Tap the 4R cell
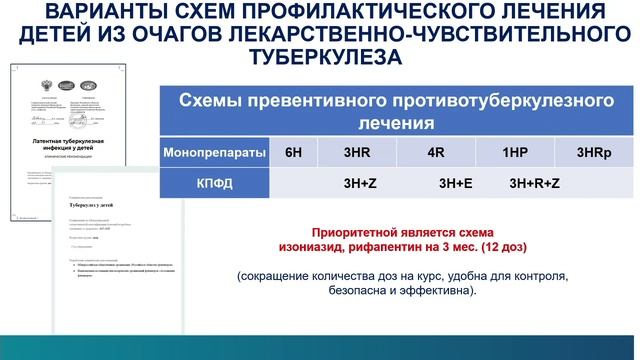435,154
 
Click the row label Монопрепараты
215,154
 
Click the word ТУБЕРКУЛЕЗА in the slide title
320,58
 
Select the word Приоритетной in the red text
357,230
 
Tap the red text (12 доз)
509,245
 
